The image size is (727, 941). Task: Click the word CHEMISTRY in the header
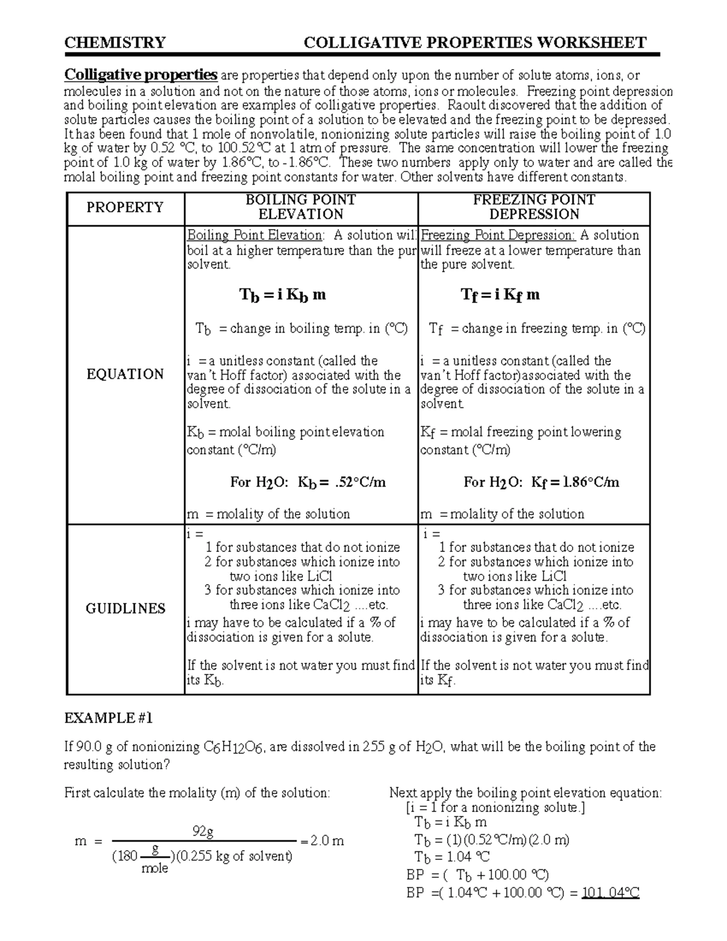coord(115,42)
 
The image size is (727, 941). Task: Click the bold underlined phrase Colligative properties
coord(141,75)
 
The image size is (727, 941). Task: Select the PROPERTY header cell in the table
coord(125,208)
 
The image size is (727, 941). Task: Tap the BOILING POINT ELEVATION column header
coord(300,207)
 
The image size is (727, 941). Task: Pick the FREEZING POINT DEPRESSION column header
coord(534,207)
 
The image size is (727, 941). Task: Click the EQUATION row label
coord(125,374)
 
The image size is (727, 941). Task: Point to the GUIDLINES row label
coord(125,609)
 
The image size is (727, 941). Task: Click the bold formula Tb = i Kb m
coord(282,296)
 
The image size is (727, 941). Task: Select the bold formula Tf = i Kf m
coord(500,296)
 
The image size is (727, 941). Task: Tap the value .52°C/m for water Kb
coord(360,483)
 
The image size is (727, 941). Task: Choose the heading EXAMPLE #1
coord(108,719)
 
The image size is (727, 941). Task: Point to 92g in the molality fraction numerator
coord(203,831)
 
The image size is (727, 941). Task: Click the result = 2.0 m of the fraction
coord(322,842)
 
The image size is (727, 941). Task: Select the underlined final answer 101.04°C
coord(610,893)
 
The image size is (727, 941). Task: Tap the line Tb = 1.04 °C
coord(452,857)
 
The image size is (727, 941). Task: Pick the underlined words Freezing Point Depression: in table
coord(498,236)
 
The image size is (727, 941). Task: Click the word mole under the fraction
coord(154,869)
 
